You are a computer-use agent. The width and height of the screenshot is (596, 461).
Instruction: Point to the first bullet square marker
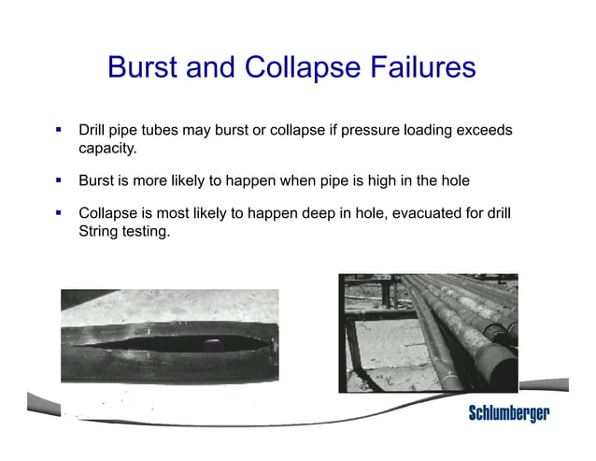[x=58, y=129]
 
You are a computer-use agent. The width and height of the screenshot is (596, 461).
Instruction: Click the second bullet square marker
[x=58, y=178]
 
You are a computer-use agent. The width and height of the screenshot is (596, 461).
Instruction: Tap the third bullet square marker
[x=58, y=212]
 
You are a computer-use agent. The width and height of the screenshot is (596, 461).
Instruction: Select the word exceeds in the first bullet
[x=485, y=130]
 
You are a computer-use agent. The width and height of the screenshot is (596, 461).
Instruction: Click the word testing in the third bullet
[x=146, y=231]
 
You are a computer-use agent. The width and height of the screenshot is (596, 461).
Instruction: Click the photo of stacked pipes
[x=427, y=332]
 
